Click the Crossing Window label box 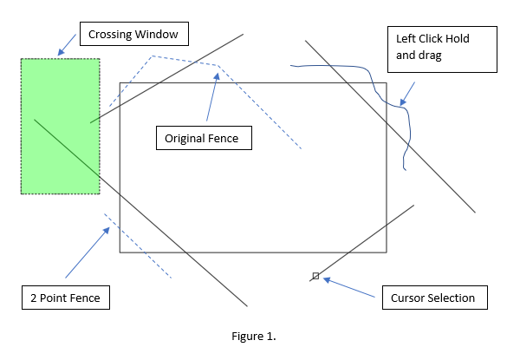point(133,36)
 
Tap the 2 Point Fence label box point(68,298)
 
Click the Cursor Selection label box point(433,298)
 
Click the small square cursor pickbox point(315,276)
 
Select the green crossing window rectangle point(61,127)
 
